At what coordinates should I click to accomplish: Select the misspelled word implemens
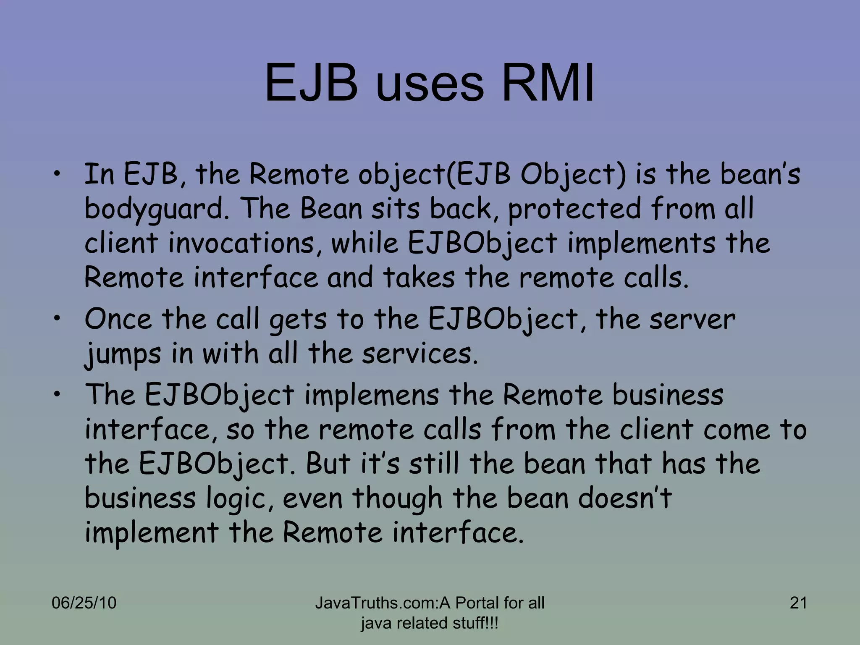pos(372,396)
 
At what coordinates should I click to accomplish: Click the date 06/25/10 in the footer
pos(84,603)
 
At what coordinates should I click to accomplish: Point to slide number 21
pos(798,603)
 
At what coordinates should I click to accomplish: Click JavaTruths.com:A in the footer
pos(383,603)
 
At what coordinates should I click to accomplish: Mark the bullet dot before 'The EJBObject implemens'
pos(57,393)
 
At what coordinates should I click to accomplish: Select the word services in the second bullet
pos(420,354)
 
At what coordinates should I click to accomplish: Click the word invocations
pos(241,243)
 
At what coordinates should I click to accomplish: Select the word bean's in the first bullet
pos(760,174)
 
